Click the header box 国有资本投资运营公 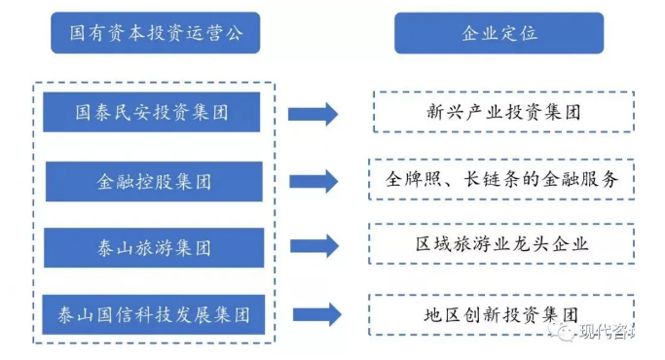pos(155,33)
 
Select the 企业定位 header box pos(499,33)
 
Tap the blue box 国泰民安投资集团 pos(152,112)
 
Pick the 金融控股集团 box pos(154,182)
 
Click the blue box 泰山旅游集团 pos(154,248)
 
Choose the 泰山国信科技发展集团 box pos(154,314)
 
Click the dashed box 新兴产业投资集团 pos(503,112)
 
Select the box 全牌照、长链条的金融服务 pos(501,179)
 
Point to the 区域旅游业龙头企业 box pos(501,244)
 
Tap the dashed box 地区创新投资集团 pos(501,315)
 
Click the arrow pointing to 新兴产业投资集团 pos(313,114)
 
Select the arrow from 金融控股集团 pos(314,182)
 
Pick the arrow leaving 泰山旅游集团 pos(314,246)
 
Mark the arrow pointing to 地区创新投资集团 pos(316,314)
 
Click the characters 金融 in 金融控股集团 pos(115,182)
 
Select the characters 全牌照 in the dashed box pos(414,179)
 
